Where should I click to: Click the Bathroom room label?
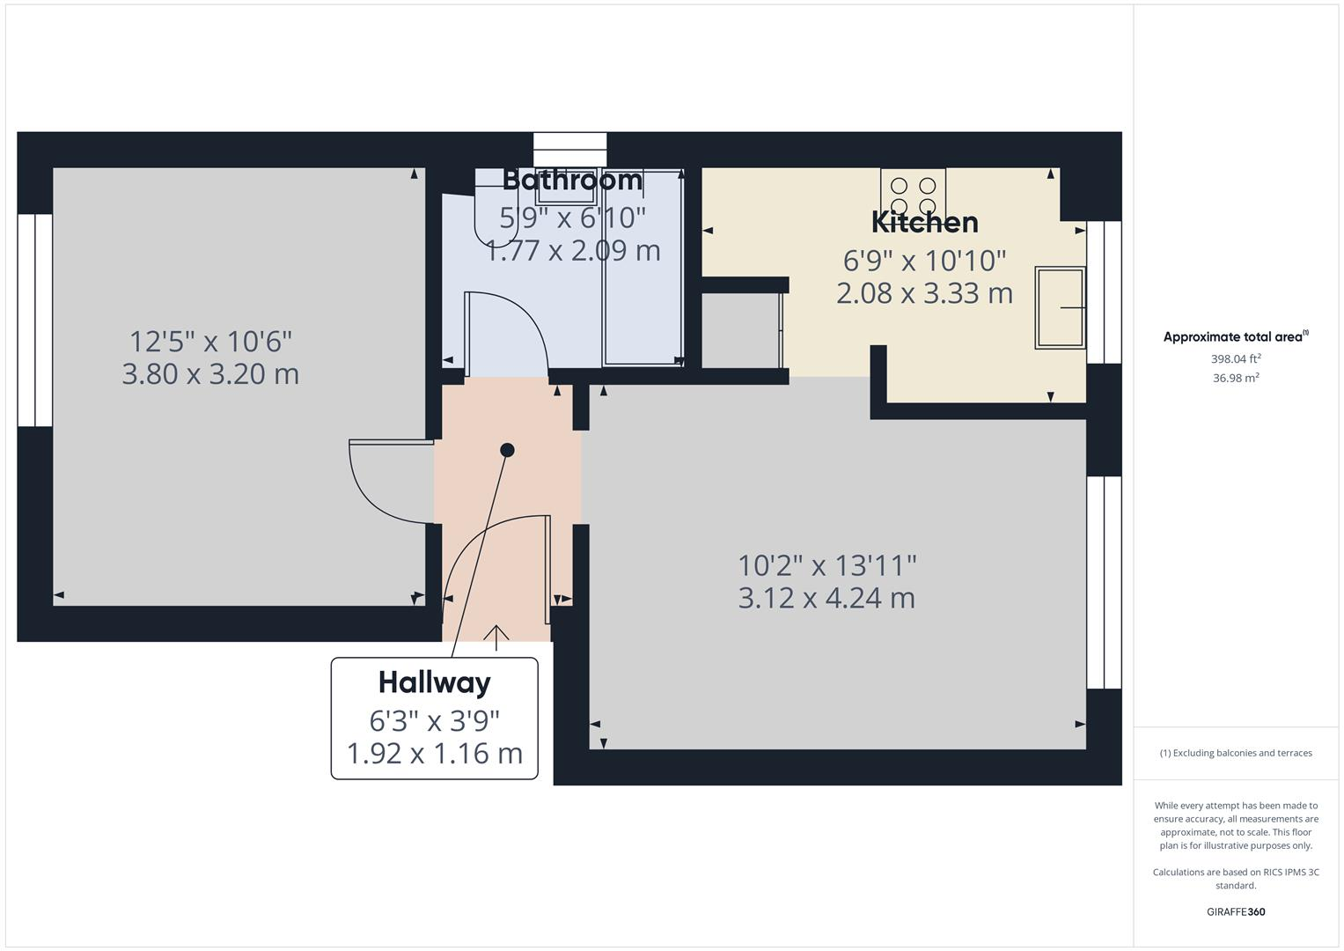[572, 181]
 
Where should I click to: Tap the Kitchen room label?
[924, 223]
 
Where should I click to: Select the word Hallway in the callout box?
[434, 682]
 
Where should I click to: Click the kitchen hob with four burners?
[913, 195]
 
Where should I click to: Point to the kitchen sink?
[1060, 308]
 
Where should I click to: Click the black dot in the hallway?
[507, 450]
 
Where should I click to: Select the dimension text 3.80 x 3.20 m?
[210, 374]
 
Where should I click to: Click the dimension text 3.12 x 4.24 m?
[826, 598]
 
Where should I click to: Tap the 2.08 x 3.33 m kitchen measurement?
[924, 293]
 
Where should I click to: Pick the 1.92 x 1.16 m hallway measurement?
[434, 754]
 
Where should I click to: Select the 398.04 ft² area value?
[1235, 359]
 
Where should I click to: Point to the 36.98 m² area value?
[1235, 378]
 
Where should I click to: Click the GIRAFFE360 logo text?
[1235, 912]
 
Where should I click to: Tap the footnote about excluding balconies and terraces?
[1235, 753]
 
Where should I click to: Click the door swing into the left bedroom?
[383, 484]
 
